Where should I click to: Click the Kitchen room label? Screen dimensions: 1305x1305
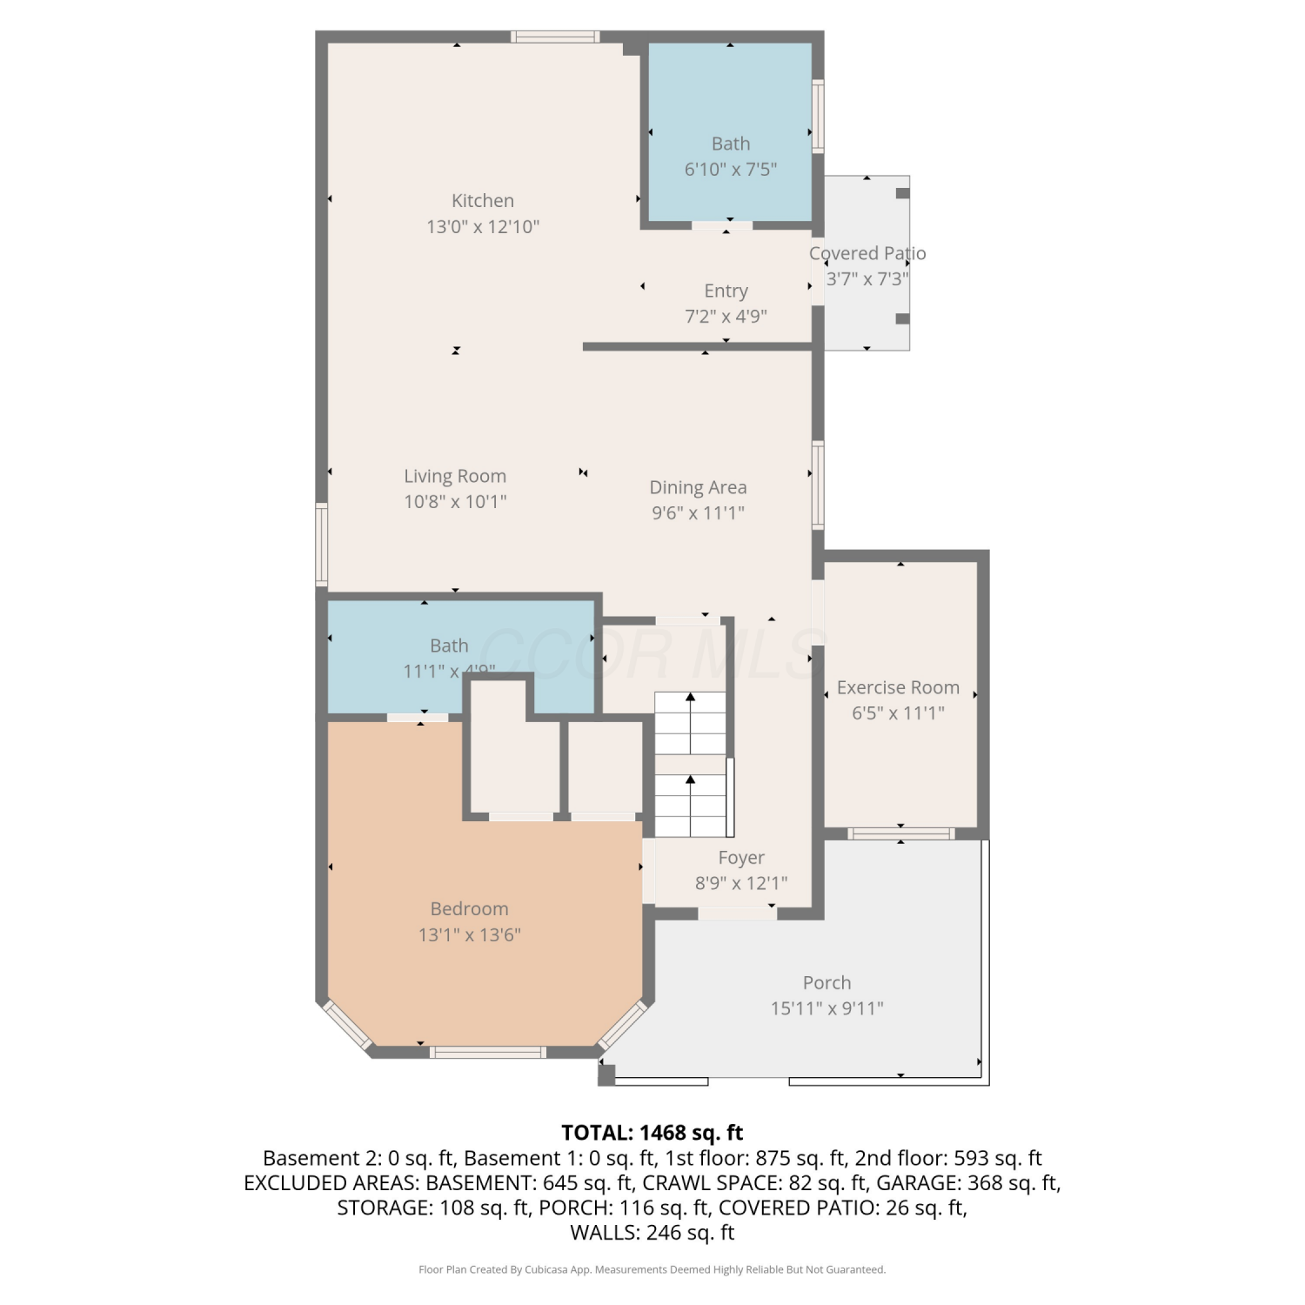tap(483, 201)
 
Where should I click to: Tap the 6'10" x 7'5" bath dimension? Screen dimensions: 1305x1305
tap(731, 169)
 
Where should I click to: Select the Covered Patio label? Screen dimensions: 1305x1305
tap(867, 253)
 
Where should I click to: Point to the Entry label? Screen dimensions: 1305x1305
tap(726, 291)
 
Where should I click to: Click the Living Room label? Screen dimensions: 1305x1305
tap(455, 476)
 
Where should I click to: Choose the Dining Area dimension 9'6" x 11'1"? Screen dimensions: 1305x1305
tap(699, 512)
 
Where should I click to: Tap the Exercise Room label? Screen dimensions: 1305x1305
tap(898, 687)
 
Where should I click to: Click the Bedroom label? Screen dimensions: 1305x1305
tap(469, 908)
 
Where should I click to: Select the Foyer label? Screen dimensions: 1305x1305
tap(741, 858)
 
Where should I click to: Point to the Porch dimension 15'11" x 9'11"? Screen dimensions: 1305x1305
tap(826, 1008)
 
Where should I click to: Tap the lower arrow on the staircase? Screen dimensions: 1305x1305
tap(690, 806)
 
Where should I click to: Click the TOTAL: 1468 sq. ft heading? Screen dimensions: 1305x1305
tap(652, 1133)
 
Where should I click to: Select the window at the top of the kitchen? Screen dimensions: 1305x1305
tap(555, 37)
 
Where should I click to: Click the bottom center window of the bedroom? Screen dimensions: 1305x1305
tap(488, 1053)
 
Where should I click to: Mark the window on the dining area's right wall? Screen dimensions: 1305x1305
tap(818, 485)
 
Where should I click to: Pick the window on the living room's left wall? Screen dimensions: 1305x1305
tap(321, 544)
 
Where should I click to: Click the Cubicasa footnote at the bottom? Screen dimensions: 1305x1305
tap(652, 1269)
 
